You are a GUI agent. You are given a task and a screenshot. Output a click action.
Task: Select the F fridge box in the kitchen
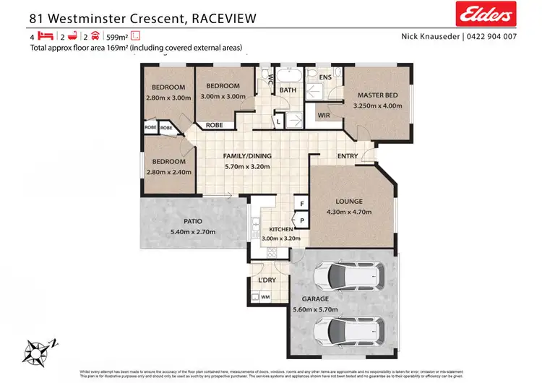[x=301, y=205]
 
